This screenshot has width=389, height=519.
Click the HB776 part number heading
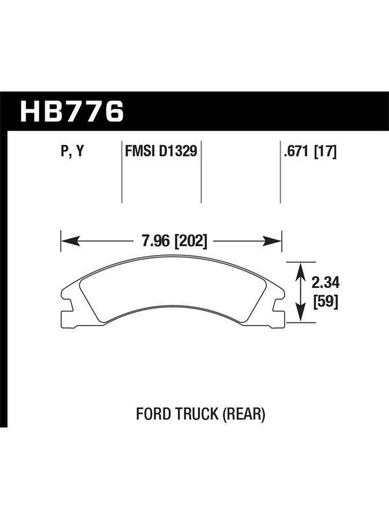72,111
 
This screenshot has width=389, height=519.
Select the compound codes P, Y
73,152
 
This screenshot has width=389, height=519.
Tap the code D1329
178,151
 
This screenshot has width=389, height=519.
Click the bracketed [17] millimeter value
325,152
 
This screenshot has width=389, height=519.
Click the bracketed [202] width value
190,241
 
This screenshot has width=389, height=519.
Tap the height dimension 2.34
325,283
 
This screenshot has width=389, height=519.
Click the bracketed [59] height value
325,302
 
